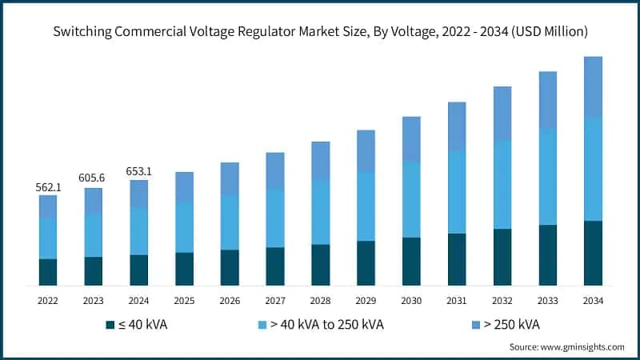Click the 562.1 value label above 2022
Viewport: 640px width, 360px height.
[48, 186]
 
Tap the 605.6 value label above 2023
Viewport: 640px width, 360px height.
[94, 179]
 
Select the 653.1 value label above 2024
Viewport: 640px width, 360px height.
[139, 171]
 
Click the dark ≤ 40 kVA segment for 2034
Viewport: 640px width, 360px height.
[593, 253]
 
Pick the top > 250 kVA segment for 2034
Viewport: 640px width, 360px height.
[593, 87]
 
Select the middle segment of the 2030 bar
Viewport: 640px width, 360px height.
[411, 198]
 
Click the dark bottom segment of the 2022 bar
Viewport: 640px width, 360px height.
[48, 272]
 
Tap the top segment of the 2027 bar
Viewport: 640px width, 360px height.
[275, 170]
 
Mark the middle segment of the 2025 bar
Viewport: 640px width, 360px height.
[184, 226]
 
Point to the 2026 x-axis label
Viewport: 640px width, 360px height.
[230, 301]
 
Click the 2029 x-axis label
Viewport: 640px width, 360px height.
[366, 301]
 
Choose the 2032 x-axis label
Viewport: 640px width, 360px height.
[502, 301]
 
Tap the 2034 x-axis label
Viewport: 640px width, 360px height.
[593, 301]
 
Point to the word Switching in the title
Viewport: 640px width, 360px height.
[82, 32]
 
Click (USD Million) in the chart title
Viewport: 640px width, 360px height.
[546, 32]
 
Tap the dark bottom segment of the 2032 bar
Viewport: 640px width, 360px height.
[502, 257]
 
